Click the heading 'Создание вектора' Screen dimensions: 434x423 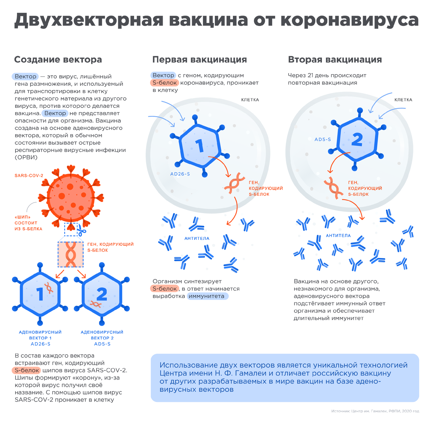coord(58,60)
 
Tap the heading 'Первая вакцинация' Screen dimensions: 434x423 coord(199,60)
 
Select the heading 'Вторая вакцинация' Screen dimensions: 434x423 coord(335,60)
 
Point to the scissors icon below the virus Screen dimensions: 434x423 coord(81,229)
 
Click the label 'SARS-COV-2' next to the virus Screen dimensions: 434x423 coord(29,176)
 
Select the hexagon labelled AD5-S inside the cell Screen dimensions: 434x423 coord(357,139)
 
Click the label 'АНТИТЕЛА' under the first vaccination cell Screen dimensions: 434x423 coord(197,238)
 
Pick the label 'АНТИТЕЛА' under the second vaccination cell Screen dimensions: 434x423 coord(338,236)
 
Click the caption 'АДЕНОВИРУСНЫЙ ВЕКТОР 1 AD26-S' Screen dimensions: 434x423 coord(40,338)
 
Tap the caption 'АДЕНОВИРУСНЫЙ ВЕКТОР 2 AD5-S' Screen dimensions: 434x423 coord(102,338)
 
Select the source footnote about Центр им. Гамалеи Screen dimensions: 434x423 coord(375,411)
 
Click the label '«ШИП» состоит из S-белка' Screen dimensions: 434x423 coord(28,223)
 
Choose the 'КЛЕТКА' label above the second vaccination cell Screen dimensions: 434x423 coord(403,100)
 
